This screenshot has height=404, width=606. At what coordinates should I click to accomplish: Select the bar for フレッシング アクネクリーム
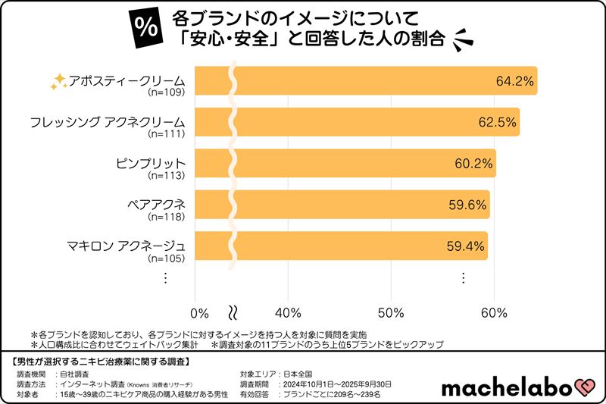point(356,122)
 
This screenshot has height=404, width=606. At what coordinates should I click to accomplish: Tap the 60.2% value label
point(474,163)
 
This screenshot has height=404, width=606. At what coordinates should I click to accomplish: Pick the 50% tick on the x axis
point(391,313)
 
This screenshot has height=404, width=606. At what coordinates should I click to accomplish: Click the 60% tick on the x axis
point(494,313)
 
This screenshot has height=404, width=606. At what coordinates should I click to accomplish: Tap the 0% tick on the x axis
point(199,313)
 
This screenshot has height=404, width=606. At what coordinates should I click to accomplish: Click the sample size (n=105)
point(167,258)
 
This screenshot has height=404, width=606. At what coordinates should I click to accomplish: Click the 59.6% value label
point(467,204)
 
